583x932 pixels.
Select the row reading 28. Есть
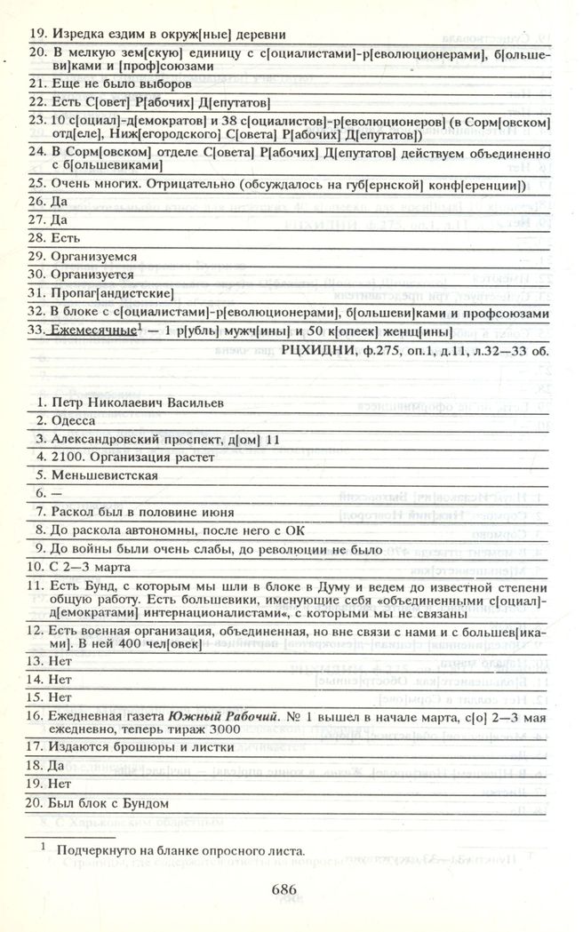52,238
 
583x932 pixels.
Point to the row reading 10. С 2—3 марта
81,566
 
